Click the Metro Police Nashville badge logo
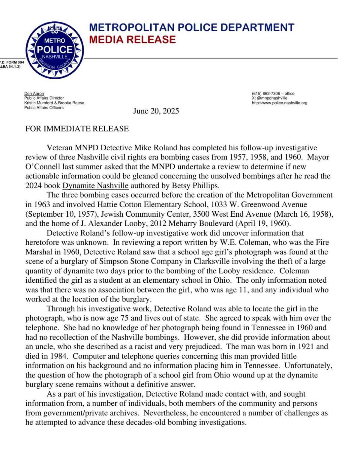[x=54, y=50]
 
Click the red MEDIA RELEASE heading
[x=132, y=40]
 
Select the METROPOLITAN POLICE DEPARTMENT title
[x=192, y=27]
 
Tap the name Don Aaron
[x=34, y=94]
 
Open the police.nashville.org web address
[x=280, y=103]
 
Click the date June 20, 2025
[x=156, y=111]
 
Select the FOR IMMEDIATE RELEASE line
[x=77, y=129]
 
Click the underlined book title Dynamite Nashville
[x=95, y=185]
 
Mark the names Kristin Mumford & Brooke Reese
[x=54, y=103]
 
